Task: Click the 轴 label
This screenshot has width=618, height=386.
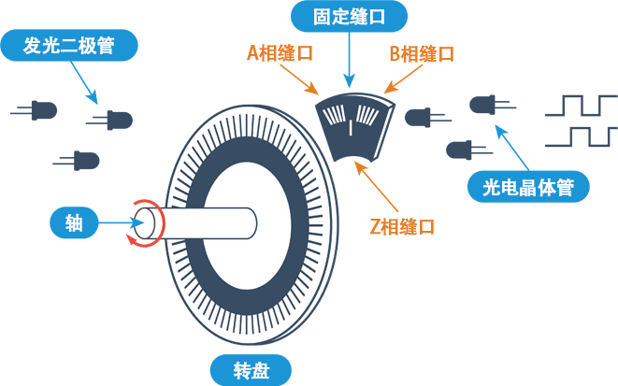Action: point(74,222)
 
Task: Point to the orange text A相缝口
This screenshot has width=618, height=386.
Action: point(280,53)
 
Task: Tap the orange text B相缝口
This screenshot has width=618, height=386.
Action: point(422,53)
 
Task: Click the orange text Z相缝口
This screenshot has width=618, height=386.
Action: point(403,225)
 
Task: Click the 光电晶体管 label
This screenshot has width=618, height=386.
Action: point(528,188)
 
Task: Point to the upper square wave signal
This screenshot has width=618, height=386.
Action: point(580,105)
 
